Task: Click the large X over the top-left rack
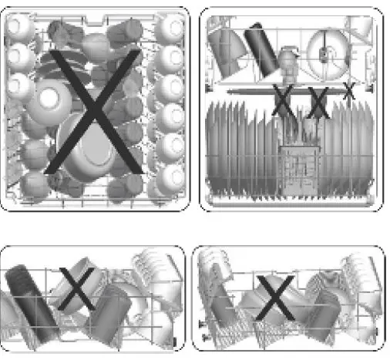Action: (92, 112)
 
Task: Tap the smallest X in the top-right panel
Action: (348, 91)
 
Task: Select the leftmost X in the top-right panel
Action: (283, 101)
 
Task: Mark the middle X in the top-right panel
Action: (318, 101)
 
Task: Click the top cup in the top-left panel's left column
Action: (19, 29)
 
